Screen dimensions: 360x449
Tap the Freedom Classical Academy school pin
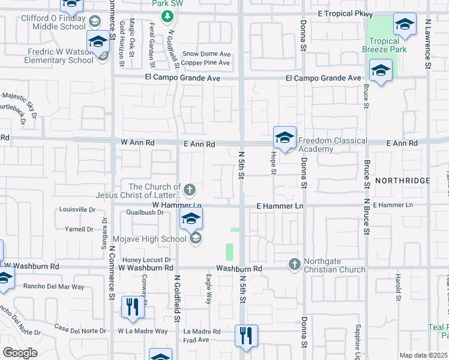coord(285,137)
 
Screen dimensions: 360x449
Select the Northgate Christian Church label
coord(334,265)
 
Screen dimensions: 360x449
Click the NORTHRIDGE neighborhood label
coord(403,181)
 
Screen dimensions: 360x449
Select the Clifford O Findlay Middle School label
coord(54,22)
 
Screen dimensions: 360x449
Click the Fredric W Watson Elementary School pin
coord(98,42)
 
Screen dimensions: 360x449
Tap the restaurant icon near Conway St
coord(133,307)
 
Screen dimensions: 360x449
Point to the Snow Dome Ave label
coord(206,54)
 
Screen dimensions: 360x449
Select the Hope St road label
coord(273,163)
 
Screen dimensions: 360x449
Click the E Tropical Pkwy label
coord(346,14)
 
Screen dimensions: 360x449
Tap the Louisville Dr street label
coord(78,210)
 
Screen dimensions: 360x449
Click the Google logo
coord(20,353)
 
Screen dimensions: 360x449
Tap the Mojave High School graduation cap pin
coord(191,219)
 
